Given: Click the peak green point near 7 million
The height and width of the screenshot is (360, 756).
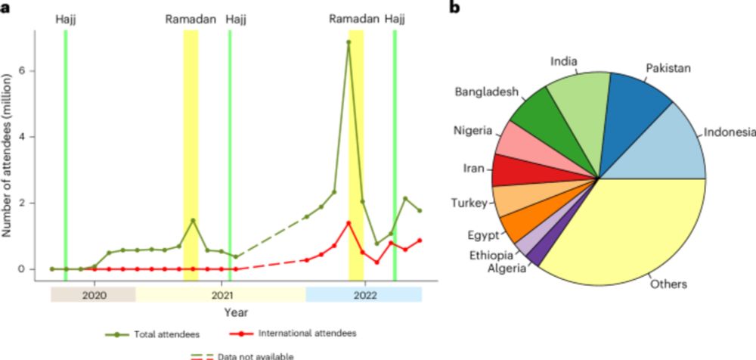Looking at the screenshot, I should click(x=349, y=42).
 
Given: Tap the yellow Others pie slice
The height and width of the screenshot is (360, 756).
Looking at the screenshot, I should click(x=627, y=234).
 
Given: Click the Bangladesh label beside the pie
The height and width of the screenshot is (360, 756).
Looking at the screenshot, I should click(x=487, y=92).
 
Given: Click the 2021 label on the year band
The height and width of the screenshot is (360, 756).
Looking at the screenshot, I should click(x=220, y=295).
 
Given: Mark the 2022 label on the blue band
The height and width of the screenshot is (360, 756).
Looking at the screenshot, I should click(x=364, y=295).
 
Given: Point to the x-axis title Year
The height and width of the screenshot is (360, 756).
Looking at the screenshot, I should click(x=235, y=312).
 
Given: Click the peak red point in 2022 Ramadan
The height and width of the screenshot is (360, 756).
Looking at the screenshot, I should click(x=349, y=222).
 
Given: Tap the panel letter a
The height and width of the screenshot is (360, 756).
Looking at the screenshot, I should click(x=5, y=8).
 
